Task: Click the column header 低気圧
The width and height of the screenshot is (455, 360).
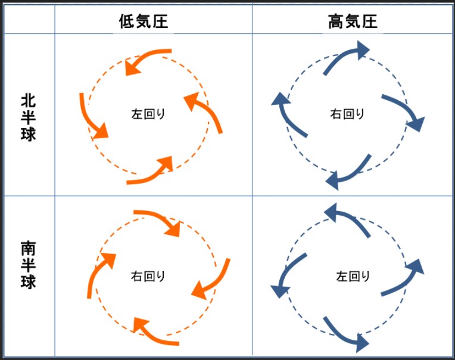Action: tap(143, 21)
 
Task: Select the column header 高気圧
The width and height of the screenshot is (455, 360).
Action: tap(353, 21)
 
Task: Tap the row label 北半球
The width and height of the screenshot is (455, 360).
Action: tap(28, 116)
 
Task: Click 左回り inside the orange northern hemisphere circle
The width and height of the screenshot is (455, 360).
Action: tap(148, 114)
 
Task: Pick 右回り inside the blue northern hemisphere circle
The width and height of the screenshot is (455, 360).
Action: tap(347, 114)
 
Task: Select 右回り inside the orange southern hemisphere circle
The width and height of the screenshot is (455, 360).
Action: tap(148, 276)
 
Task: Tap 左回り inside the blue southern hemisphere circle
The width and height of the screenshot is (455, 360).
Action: tap(353, 276)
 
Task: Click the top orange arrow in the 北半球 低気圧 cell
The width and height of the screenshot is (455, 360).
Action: tap(147, 60)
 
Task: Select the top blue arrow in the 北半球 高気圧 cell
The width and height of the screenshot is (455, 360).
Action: tap(345, 58)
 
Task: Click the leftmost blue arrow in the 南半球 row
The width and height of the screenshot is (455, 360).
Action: tap(289, 274)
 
